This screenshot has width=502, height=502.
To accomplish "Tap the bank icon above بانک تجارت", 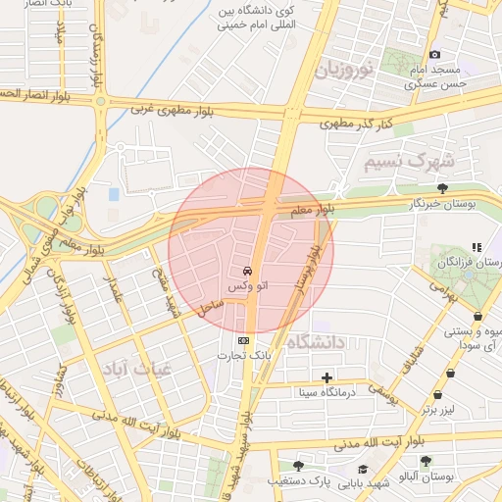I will click(x=243, y=340).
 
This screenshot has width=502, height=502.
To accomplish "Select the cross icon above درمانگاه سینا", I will click(x=326, y=377).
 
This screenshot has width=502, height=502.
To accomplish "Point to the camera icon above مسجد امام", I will click(x=435, y=54).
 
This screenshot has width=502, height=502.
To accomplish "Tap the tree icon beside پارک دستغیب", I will click(x=298, y=466).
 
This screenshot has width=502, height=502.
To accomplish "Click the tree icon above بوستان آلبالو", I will click(x=425, y=461).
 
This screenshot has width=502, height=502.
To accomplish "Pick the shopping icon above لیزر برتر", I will click(x=450, y=373).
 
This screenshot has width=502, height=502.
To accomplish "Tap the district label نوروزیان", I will click(x=344, y=71).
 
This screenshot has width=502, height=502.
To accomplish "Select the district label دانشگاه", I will click(x=316, y=342).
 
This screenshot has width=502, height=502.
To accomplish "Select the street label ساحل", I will click(x=210, y=307).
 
